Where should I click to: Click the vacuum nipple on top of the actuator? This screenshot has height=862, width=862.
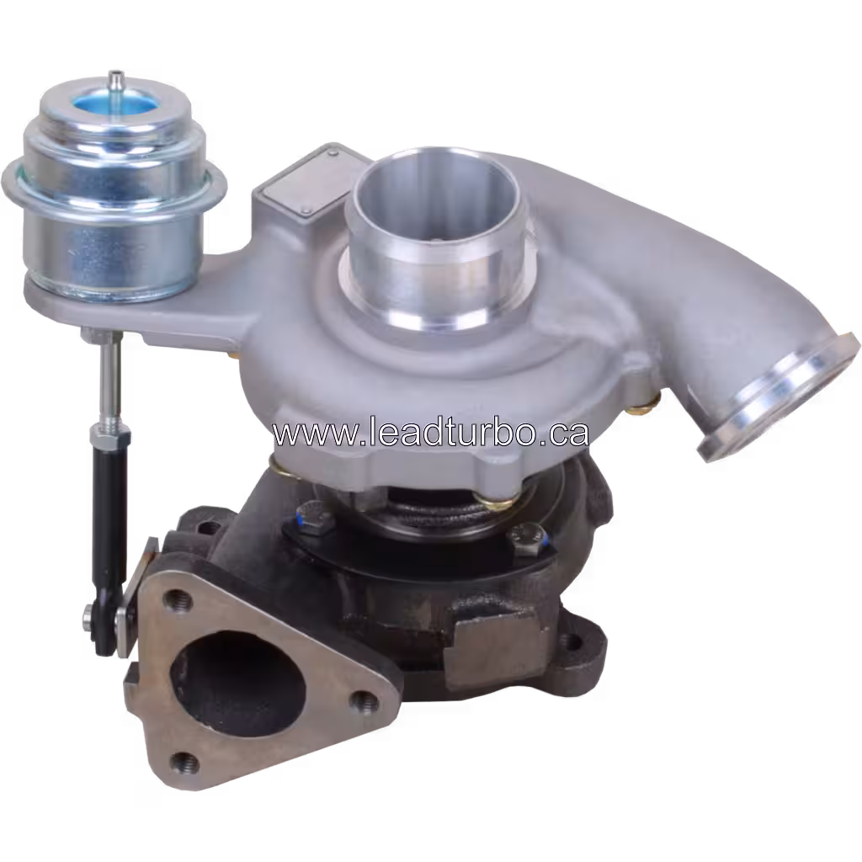point(115,82)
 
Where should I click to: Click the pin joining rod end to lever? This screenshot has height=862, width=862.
point(89,620)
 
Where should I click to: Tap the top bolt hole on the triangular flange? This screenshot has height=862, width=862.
point(176,600)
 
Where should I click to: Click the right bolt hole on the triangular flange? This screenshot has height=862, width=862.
point(364,700)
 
